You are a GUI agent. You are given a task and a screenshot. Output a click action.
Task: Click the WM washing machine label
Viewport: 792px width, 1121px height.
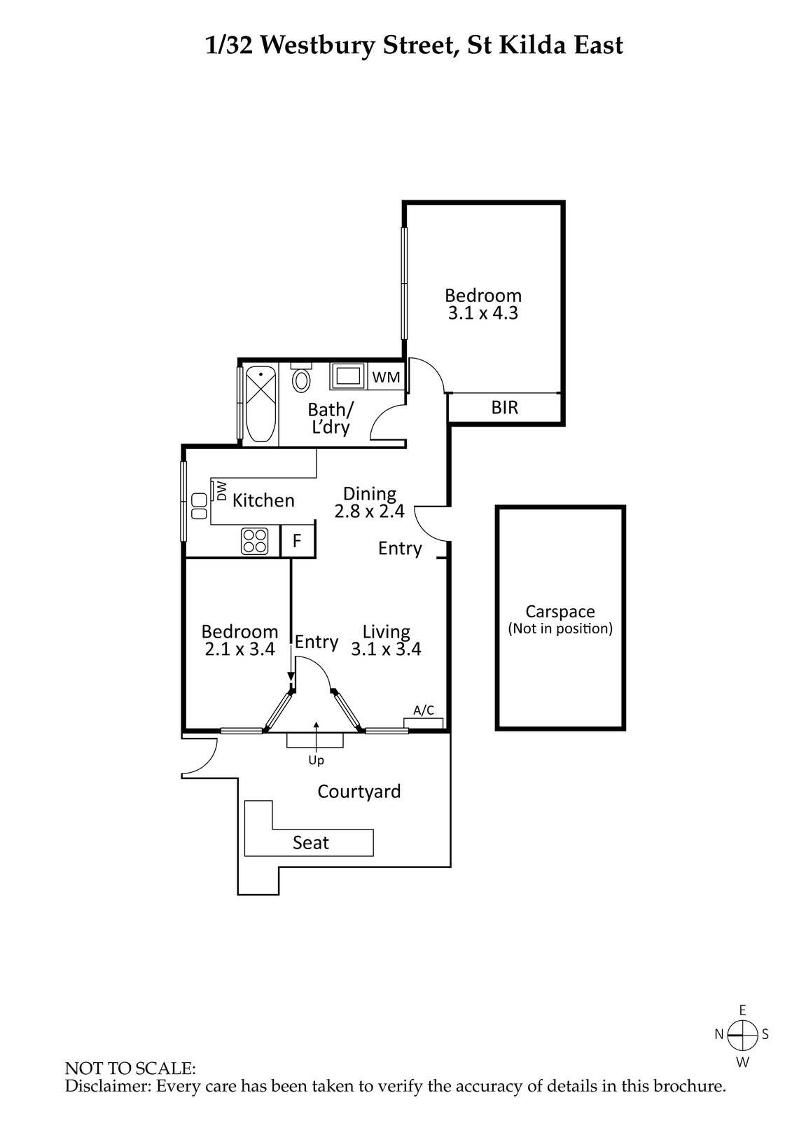(x=386, y=377)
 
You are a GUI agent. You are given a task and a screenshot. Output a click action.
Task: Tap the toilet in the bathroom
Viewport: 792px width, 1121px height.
(x=302, y=379)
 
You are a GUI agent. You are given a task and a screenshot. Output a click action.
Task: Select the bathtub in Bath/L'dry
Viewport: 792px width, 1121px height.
(x=260, y=404)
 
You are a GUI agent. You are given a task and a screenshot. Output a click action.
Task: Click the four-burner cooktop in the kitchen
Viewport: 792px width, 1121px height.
(x=255, y=541)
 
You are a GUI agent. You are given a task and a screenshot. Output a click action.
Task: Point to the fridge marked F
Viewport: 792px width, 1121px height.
(x=297, y=542)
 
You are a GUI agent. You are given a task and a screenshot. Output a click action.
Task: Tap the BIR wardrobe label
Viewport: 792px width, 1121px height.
(x=504, y=407)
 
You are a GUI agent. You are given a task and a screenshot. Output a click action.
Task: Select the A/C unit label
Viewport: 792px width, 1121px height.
(x=424, y=710)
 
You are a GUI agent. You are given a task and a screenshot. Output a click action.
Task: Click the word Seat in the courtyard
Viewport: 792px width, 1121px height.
(x=310, y=843)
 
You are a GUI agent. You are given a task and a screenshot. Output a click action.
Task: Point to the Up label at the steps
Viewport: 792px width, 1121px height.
(x=317, y=759)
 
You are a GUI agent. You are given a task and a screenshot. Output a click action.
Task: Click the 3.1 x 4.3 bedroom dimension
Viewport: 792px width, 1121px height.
(x=483, y=313)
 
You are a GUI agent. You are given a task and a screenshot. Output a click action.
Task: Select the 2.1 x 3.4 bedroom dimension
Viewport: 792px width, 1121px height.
(x=239, y=649)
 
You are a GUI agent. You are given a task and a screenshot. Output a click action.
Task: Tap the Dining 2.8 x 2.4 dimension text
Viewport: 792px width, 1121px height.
(x=369, y=511)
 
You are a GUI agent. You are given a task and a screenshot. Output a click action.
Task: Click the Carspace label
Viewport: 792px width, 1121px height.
(x=560, y=612)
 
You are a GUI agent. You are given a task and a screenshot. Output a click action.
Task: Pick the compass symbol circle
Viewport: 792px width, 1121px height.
(x=742, y=1033)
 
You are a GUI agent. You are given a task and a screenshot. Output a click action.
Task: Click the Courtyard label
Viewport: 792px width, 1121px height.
(x=359, y=792)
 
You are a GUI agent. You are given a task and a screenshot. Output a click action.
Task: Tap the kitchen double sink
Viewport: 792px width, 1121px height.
(x=199, y=506)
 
